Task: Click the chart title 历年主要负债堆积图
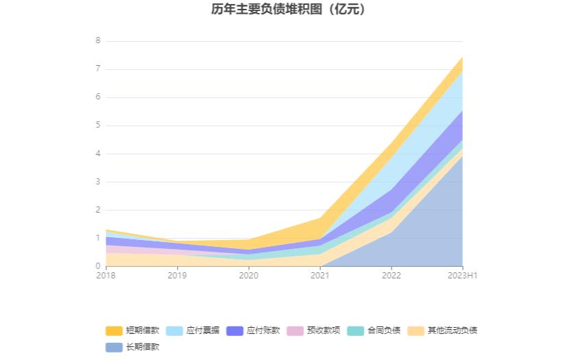(288, 10)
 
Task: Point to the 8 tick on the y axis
(98, 40)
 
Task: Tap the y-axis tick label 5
(98, 125)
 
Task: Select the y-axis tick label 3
(98, 182)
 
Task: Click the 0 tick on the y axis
(98, 266)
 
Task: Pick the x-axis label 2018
(106, 276)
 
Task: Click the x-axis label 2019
(177, 276)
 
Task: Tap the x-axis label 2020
(248, 276)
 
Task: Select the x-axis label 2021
(320, 276)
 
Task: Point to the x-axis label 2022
(391, 276)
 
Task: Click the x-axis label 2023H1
(462, 276)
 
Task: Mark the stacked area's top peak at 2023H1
(462, 57)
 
